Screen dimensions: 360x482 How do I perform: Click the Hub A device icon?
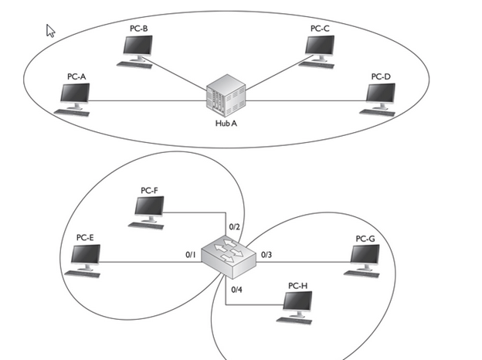click(226, 99)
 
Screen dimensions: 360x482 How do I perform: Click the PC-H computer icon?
click(297, 305)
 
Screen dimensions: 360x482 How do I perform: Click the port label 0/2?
click(236, 226)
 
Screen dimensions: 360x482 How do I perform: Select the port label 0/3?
click(267, 253)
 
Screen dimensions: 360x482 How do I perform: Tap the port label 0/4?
click(236, 289)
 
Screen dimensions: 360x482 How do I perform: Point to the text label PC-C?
click(320, 28)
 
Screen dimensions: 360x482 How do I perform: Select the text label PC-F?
click(150, 189)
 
